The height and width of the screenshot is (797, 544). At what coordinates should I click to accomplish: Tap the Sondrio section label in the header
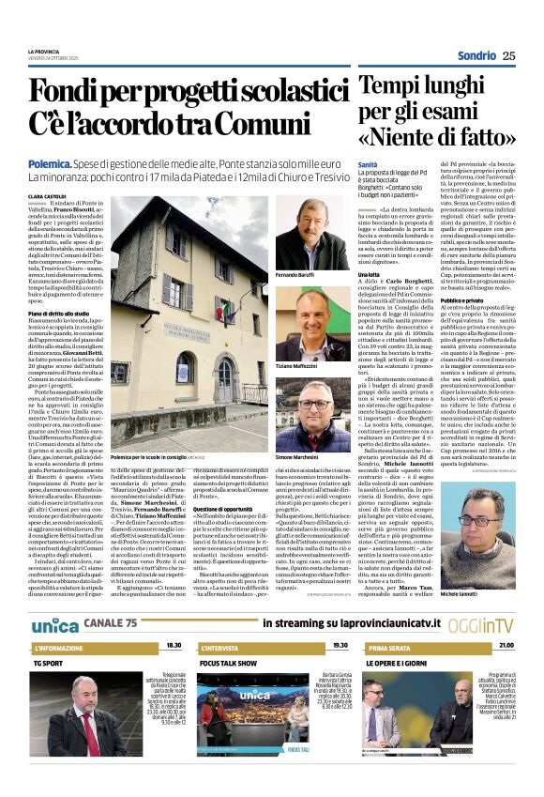[x=476, y=54]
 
